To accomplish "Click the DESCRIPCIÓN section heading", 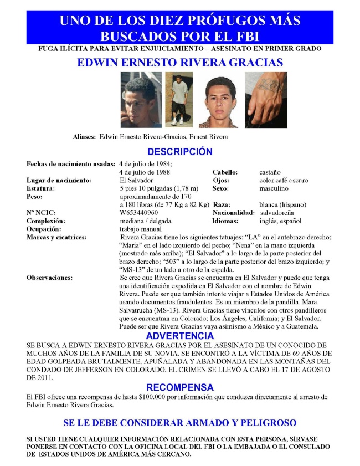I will click(179, 152).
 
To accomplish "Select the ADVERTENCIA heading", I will click(179, 336).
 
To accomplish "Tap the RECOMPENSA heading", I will click(179, 387).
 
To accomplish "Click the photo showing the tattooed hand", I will click(266, 100).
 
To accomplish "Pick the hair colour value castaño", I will click(270, 172).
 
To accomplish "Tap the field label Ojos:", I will click(222, 180).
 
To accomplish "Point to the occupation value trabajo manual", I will click(141, 228).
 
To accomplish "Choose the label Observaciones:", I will click(49, 277).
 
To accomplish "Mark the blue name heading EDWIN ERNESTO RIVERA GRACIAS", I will click(179, 63).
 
